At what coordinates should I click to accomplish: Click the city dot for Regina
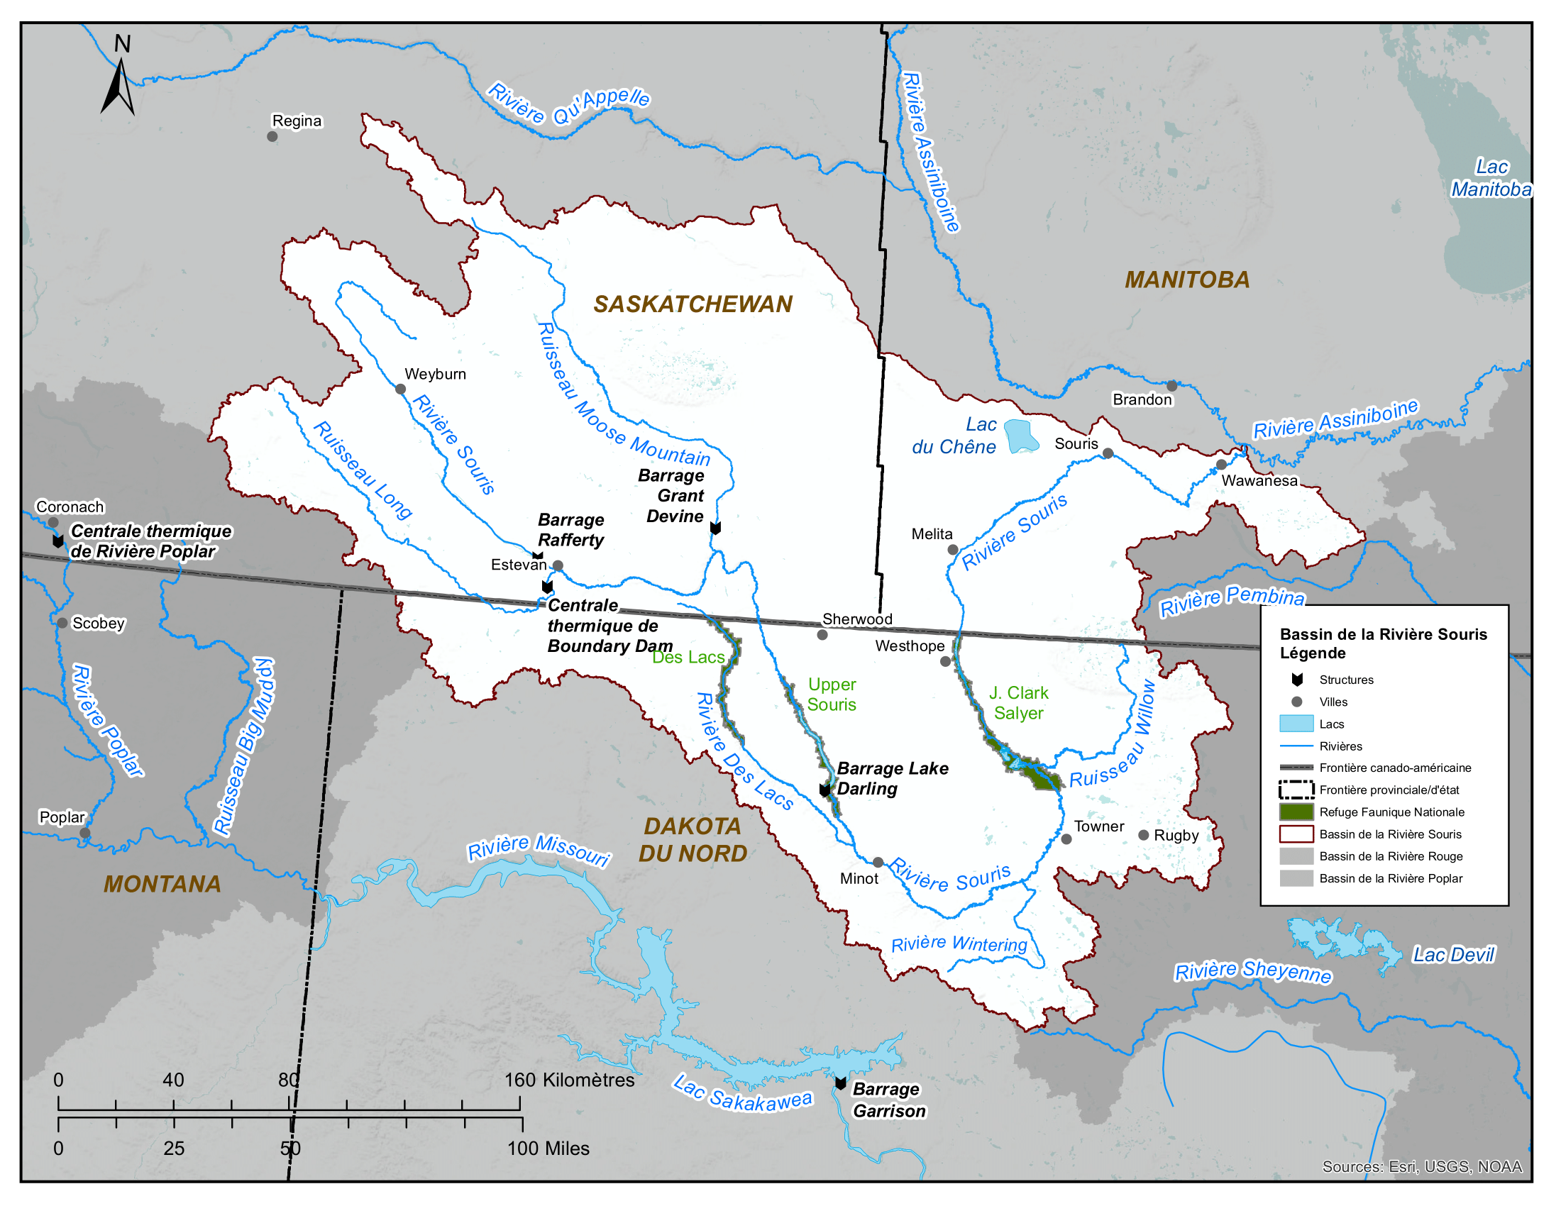(x=272, y=136)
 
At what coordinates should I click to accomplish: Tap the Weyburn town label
(x=434, y=375)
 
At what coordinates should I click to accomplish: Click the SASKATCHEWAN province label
(x=693, y=304)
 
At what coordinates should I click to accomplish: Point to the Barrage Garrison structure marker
(x=842, y=1084)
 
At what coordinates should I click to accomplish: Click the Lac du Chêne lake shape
(x=1020, y=436)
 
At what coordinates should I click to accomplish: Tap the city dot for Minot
(x=878, y=863)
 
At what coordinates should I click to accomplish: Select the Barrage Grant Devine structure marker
(x=715, y=528)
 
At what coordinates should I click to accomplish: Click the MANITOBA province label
(x=1187, y=280)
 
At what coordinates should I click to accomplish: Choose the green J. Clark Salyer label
(x=1018, y=703)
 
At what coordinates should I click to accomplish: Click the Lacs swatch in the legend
(x=1296, y=724)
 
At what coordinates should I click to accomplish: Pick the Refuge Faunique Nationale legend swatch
(x=1296, y=812)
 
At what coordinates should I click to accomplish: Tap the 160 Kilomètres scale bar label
(x=569, y=1080)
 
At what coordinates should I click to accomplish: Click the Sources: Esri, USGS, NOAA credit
(x=1422, y=1167)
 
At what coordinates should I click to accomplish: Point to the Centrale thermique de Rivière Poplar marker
(x=58, y=541)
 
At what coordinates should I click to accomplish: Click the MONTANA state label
(x=162, y=885)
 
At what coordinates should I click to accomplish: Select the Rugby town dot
(x=1144, y=835)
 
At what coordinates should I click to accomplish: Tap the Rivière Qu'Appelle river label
(x=568, y=104)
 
